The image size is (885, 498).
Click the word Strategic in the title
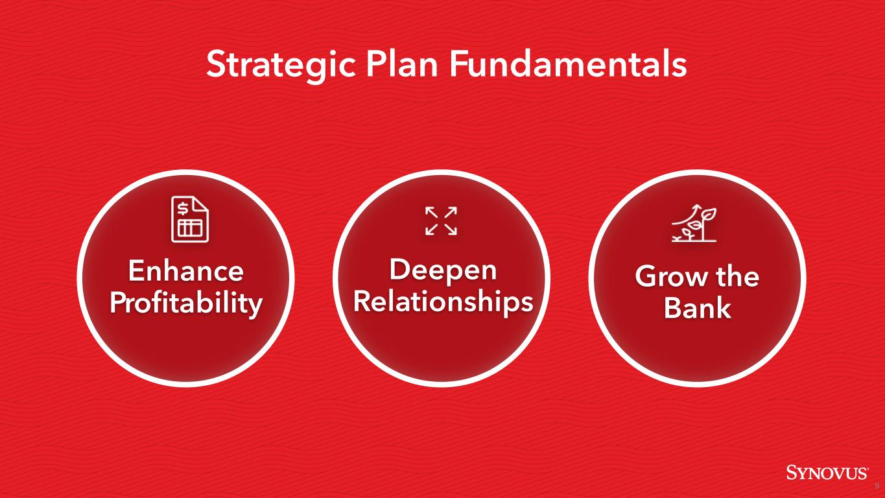pos(281,65)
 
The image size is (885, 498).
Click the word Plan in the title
pos(402,64)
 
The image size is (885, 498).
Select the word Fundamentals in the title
pos(568,64)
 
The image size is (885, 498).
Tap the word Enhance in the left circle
pos(185,271)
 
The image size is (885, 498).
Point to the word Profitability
pos(185,303)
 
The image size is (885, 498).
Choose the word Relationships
pos(443,302)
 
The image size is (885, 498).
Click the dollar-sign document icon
pos(189,219)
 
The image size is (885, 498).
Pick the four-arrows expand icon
pos(441,221)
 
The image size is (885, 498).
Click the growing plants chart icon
pos(694,223)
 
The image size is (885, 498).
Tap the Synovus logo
pos(827,472)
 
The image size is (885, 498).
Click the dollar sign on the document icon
pos(182,208)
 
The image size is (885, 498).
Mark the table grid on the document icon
pos(190,229)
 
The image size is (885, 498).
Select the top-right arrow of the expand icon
pos(451,213)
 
